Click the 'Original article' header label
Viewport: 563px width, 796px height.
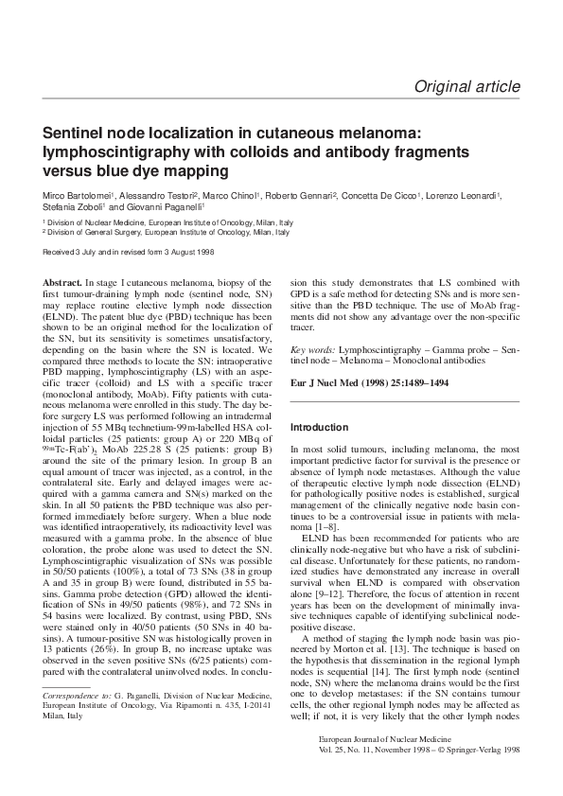(x=466, y=87)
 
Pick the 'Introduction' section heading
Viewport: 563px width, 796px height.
(x=319, y=427)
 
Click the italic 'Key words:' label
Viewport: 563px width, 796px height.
(x=311, y=350)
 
